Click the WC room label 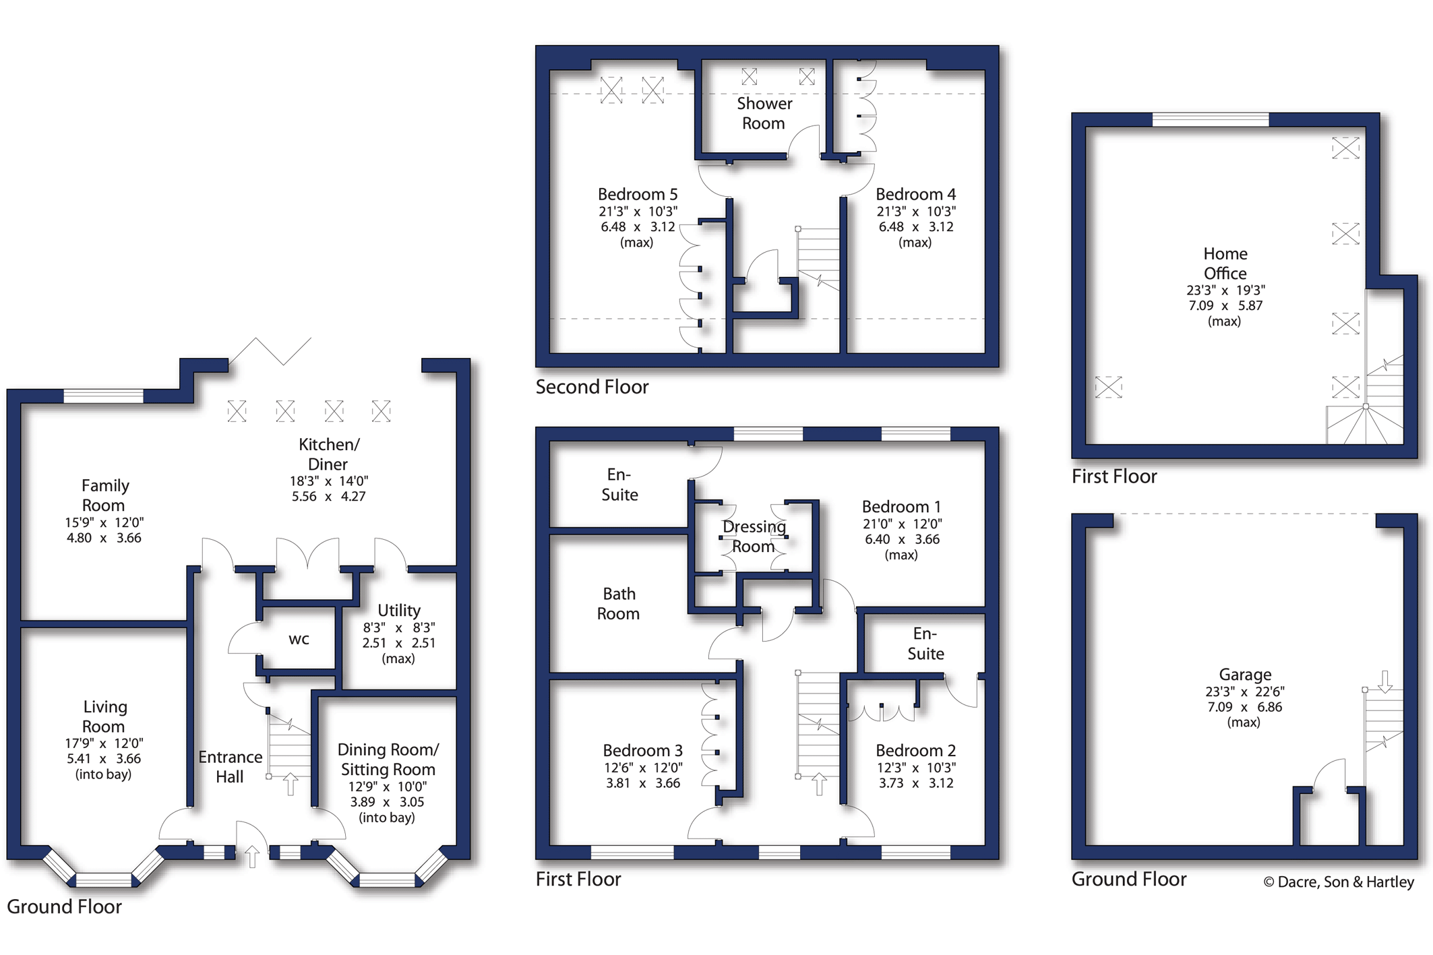point(299,640)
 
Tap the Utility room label point(399,610)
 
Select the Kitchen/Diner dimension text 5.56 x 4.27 point(328,497)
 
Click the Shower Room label point(764,113)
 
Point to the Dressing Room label point(754,536)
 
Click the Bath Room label point(619,604)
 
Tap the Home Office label point(1225,264)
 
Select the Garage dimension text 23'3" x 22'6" point(1245,691)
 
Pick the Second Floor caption point(592,387)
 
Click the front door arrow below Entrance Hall point(251,857)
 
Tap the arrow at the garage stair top point(1385,681)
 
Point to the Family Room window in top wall point(103,396)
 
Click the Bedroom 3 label point(642,750)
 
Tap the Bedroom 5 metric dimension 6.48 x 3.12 point(638,227)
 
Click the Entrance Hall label point(230,767)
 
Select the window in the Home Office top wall point(1211,120)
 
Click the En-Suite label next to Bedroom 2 point(925,644)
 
